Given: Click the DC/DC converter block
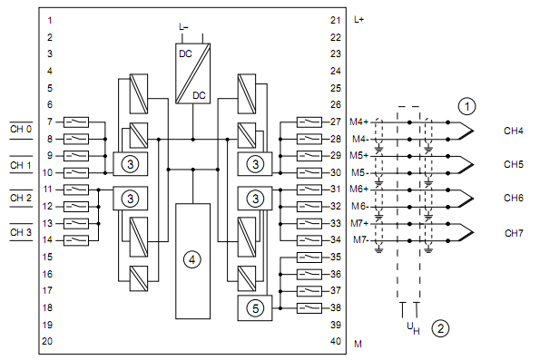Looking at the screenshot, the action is pos(192,73).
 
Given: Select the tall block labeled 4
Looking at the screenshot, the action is pos(192,261).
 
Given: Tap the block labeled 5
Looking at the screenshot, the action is pos(255,308).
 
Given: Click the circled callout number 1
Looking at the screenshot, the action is pos(466,106).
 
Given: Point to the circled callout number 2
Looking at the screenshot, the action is pos(440,328).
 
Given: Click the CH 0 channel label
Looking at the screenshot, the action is pos(21,129).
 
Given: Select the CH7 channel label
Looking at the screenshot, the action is pos(514,233).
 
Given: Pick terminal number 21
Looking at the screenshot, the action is pos(336,20).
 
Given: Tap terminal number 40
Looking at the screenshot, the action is pos(336,342).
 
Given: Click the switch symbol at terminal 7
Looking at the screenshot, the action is pos(76,122).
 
